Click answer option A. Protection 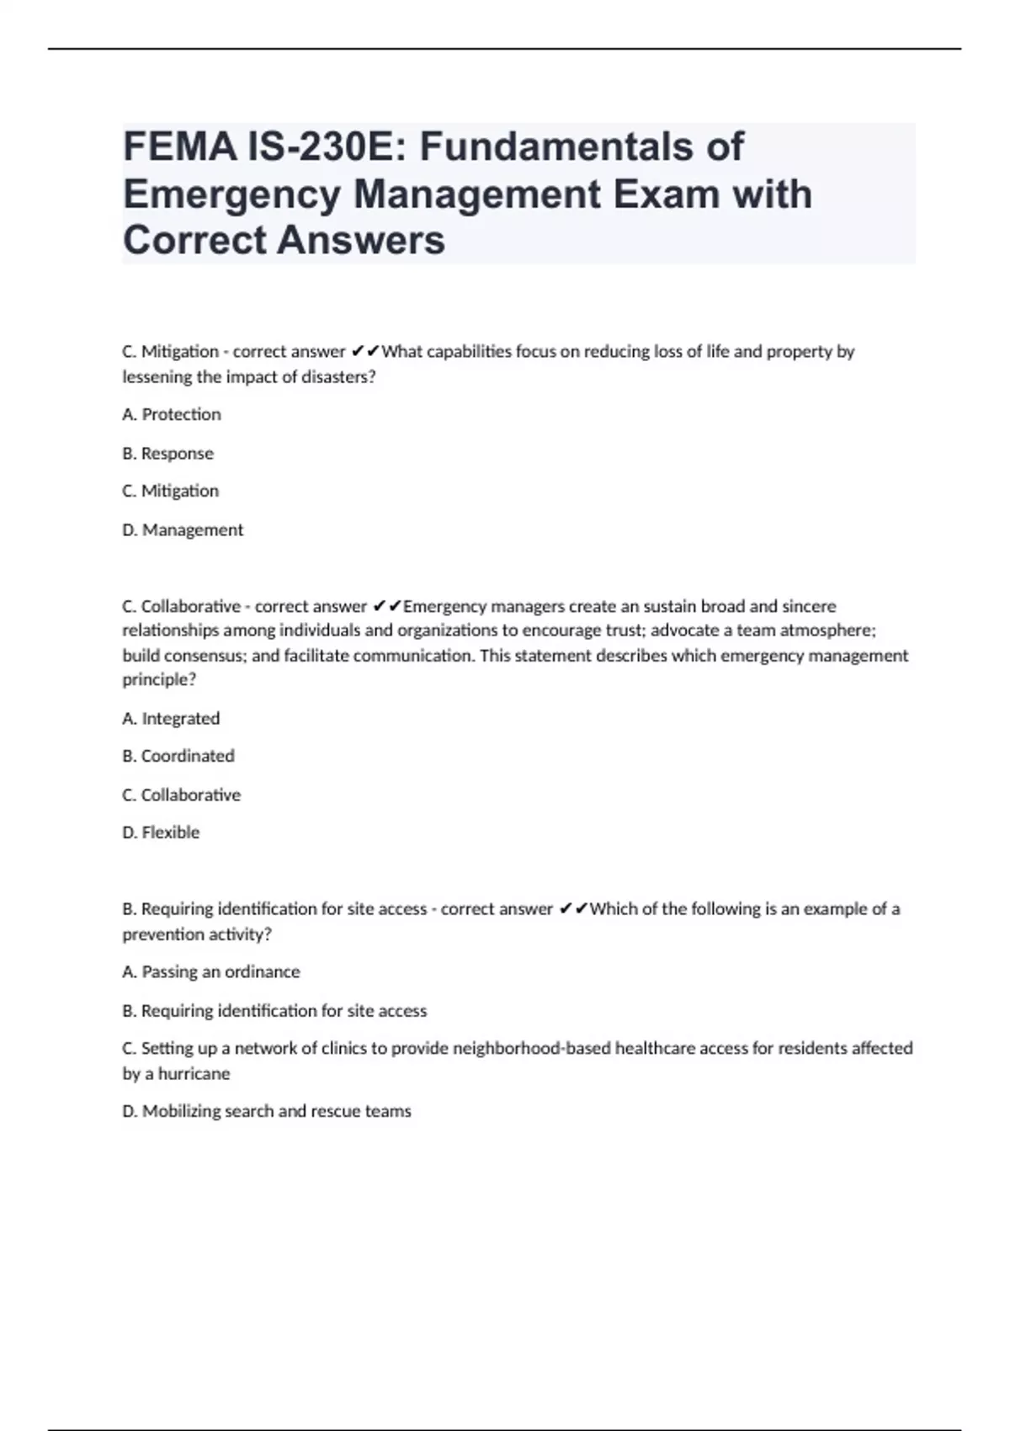pyautogui.click(x=172, y=414)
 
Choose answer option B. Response pyautogui.click(x=167, y=453)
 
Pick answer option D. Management pyautogui.click(x=183, y=529)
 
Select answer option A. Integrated pyautogui.click(x=171, y=718)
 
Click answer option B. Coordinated pyautogui.click(x=178, y=756)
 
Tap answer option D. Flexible pyautogui.click(x=161, y=832)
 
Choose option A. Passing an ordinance pyautogui.click(x=211, y=971)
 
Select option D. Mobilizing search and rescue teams pyautogui.click(x=267, y=1111)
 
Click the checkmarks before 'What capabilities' pyautogui.click(x=365, y=351)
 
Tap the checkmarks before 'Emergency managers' pyautogui.click(x=387, y=606)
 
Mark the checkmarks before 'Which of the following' pyautogui.click(x=573, y=909)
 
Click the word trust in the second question pyautogui.click(x=624, y=630)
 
